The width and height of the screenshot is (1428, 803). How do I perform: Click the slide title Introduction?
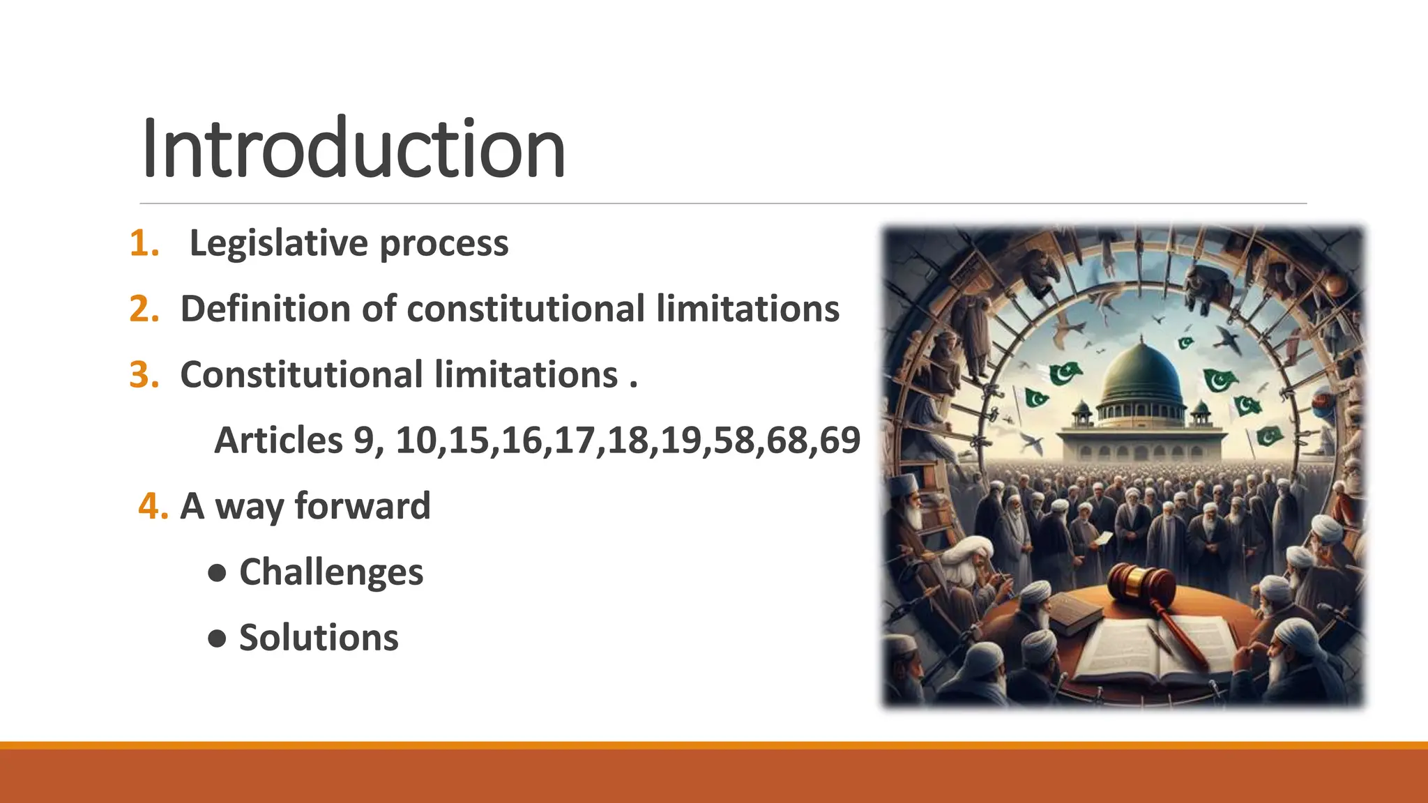click(x=353, y=148)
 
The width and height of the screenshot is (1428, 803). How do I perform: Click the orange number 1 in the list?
click(x=144, y=243)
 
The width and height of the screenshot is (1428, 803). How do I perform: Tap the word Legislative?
click(x=278, y=243)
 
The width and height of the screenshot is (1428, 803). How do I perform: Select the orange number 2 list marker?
click(x=144, y=309)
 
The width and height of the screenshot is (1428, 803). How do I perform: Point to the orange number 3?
click(x=144, y=374)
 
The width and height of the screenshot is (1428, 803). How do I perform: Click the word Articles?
click(x=278, y=440)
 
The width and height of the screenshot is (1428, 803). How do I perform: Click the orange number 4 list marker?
click(x=153, y=505)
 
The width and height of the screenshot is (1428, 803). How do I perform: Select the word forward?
click(x=363, y=505)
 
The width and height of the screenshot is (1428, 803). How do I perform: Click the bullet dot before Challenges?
click(x=218, y=572)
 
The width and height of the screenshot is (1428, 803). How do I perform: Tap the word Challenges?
click(x=331, y=572)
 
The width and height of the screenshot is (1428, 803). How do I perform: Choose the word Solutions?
click(x=319, y=638)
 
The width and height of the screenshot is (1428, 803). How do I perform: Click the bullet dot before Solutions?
click(x=218, y=638)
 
